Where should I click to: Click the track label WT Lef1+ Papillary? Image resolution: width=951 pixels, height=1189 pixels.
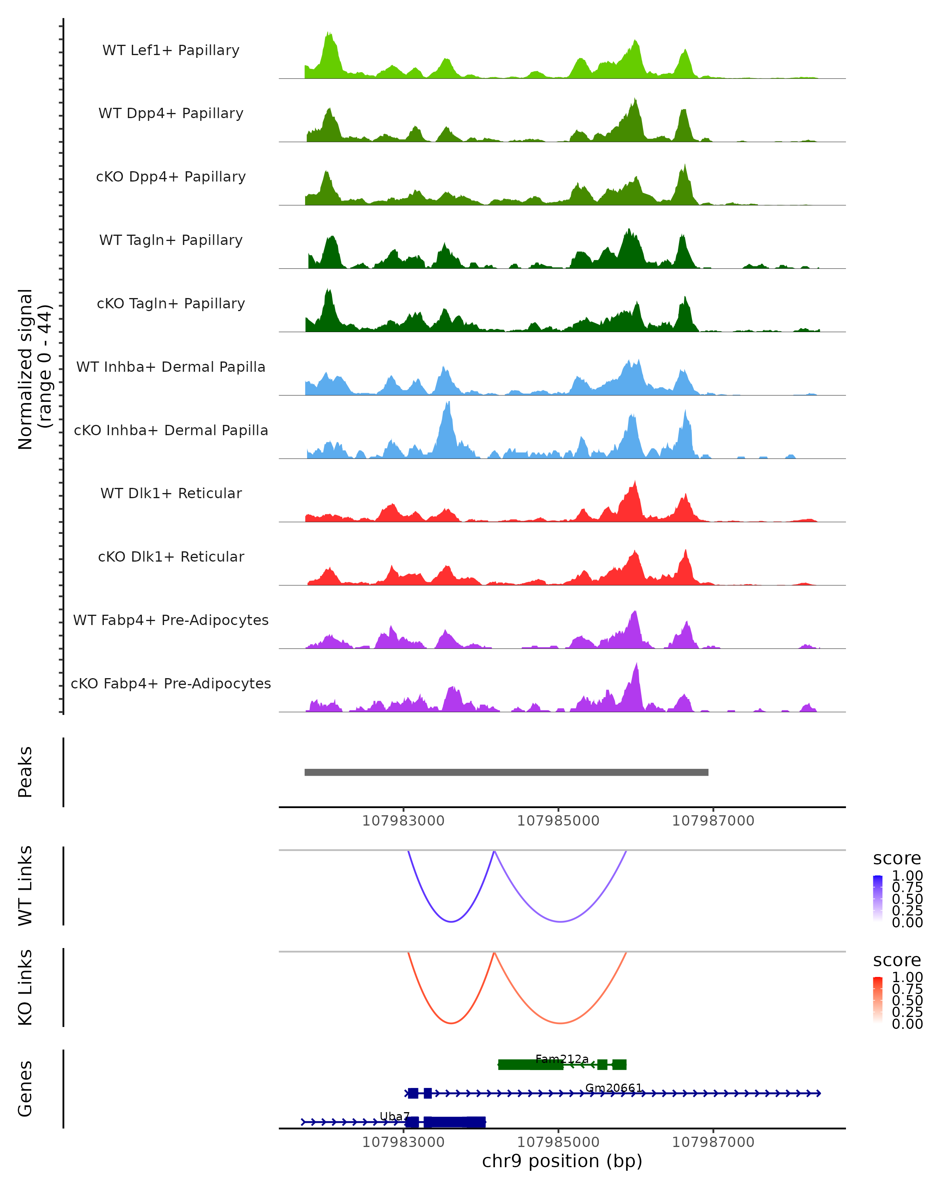point(171,50)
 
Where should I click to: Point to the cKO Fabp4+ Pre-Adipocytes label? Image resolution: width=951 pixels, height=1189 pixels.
point(171,683)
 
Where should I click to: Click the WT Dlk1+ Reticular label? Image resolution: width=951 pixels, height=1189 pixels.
point(171,493)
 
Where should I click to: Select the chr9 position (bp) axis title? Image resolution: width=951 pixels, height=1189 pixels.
point(562,1161)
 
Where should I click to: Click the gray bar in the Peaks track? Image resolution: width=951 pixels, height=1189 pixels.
point(506,772)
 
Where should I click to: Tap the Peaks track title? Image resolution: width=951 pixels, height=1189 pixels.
point(25,772)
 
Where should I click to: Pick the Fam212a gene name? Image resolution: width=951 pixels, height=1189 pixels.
point(562,1059)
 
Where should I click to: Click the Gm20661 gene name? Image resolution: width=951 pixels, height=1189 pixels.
point(614,1088)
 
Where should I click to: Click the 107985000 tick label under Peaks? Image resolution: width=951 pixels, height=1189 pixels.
point(558,821)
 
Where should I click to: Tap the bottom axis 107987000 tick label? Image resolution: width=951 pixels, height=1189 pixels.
point(713,1142)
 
